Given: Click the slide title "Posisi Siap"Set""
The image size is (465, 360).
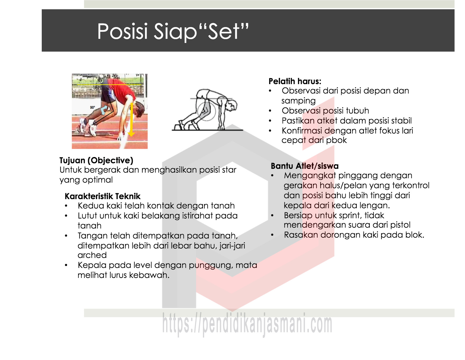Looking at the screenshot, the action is click(x=173, y=31).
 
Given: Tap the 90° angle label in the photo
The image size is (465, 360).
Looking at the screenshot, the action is click(x=92, y=107).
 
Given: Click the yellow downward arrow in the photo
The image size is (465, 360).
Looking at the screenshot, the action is click(x=131, y=119).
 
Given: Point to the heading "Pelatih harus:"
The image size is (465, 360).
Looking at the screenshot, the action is click(x=295, y=81).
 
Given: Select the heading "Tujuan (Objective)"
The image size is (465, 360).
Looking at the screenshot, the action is click(x=96, y=160).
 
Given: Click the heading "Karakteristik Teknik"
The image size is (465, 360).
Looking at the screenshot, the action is click(x=103, y=196).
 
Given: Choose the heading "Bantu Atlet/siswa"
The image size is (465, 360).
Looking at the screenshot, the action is click(x=304, y=166).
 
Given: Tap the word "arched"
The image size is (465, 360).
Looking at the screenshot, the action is click(x=92, y=255).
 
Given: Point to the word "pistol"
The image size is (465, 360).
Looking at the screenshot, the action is click(x=400, y=225).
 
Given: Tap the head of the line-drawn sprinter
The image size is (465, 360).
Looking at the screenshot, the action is click(x=231, y=105).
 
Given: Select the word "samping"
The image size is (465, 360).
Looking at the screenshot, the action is click(x=299, y=101).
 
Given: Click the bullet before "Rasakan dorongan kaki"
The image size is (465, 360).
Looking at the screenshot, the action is click(x=272, y=235).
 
